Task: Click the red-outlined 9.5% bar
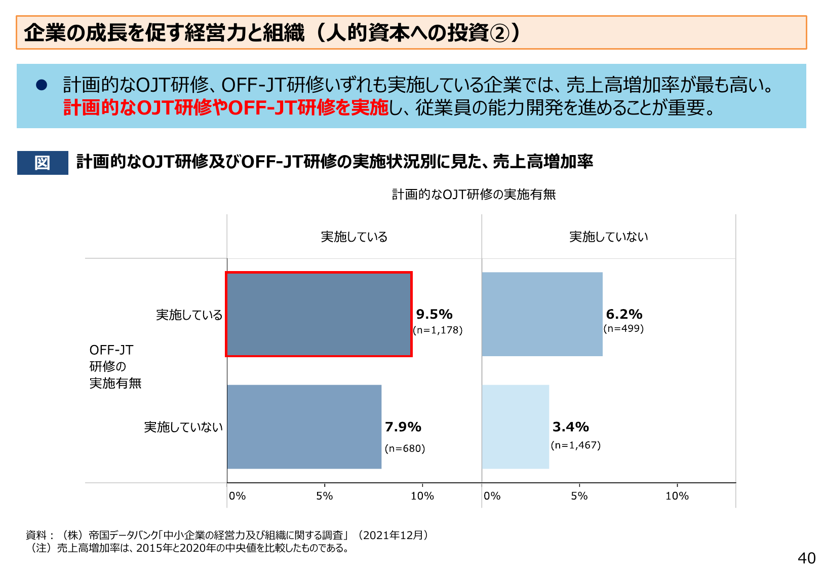319,314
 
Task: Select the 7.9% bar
304,427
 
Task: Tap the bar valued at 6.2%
542,314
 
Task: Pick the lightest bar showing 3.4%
515,427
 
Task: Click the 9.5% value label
434,314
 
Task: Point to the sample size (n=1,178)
438,330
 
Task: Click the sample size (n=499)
623,328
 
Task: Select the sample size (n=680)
405,448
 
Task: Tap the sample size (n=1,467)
575,445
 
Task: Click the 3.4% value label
570,427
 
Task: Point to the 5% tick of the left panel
325,496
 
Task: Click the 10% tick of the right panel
677,496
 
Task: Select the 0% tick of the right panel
492,496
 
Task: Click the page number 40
806,558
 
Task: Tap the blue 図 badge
43,163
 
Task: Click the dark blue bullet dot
42,85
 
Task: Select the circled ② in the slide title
500,33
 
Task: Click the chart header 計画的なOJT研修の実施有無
474,195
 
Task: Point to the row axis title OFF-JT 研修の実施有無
115,366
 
